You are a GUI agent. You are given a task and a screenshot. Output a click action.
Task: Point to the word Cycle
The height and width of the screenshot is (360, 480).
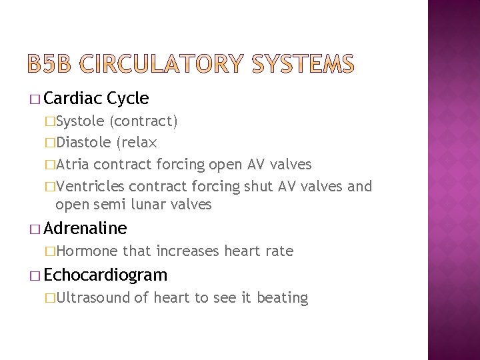(127, 99)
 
